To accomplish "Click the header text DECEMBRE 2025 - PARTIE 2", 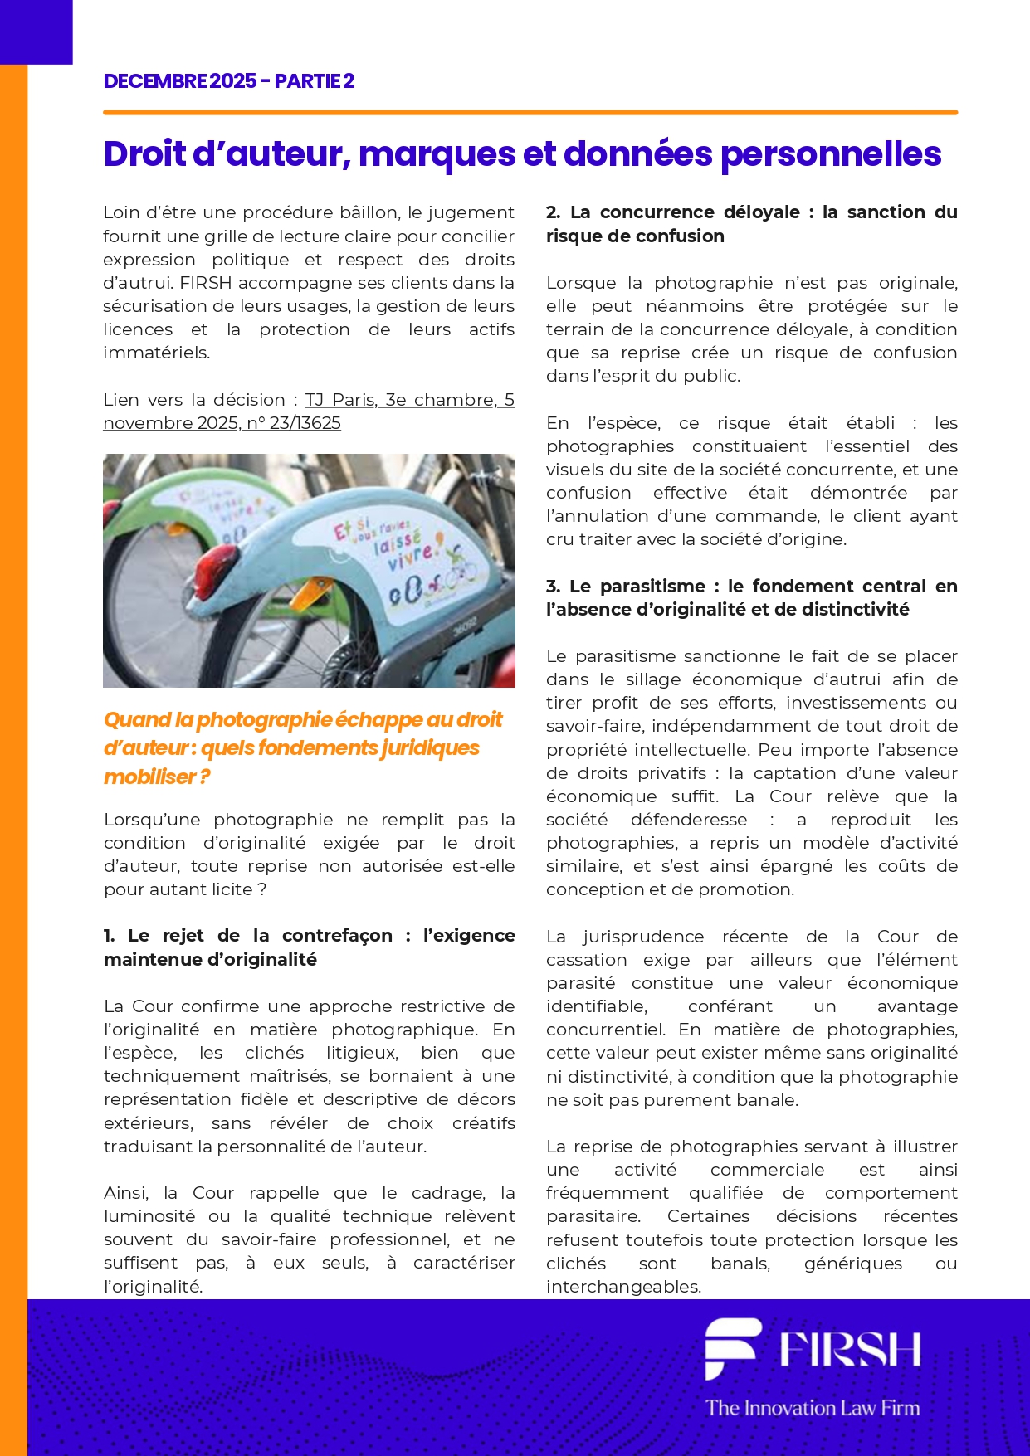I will click(229, 81).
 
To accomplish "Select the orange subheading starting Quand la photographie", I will click(303, 747).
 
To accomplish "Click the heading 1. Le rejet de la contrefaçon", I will click(309, 947).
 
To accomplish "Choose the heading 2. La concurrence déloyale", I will click(751, 224).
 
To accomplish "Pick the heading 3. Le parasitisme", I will click(751, 597).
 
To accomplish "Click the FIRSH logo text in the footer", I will click(850, 1349).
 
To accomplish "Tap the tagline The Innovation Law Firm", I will click(813, 1408).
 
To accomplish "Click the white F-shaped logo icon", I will click(731, 1347).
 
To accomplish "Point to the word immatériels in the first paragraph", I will click(156, 353).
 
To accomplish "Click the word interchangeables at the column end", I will click(623, 1287).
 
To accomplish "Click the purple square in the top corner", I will click(36, 32).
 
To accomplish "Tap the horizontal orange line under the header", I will click(530, 112).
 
